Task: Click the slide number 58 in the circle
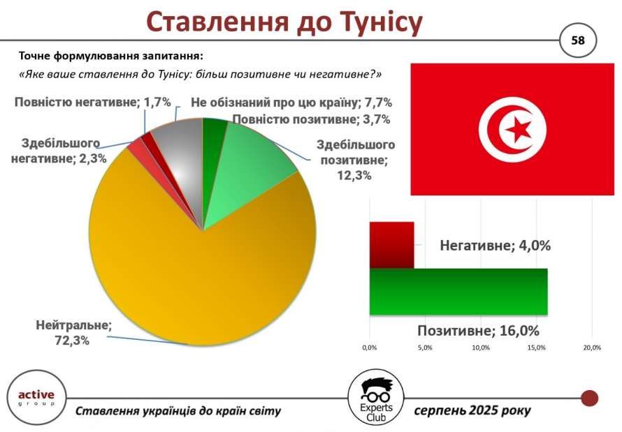click(578, 40)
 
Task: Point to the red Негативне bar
click(391, 245)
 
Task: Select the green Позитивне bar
click(458, 292)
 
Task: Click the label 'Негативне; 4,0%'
click(495, 246)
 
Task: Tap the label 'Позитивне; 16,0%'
click(479, 331)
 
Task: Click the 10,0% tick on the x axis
click(481, 348)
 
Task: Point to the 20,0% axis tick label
click(592, 348)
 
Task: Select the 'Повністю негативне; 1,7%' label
click(92, 102)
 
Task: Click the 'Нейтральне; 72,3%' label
click(73, 333)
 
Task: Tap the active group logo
click(36, 398)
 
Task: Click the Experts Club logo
click(376, 399)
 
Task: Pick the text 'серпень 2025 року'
click(472, 410)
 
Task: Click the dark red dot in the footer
click(589, 398)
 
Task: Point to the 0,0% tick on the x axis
click(370, 348)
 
